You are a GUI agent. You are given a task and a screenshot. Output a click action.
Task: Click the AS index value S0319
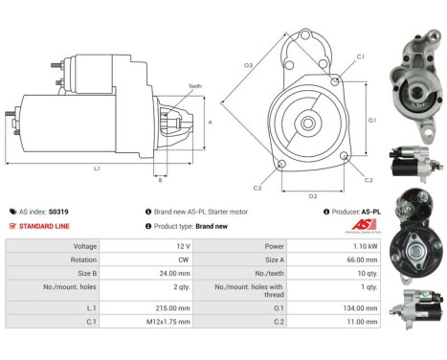69,212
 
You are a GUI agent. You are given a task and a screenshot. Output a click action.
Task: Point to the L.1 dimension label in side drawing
97,169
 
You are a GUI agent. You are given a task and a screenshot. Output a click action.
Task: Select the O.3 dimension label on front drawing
247,65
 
